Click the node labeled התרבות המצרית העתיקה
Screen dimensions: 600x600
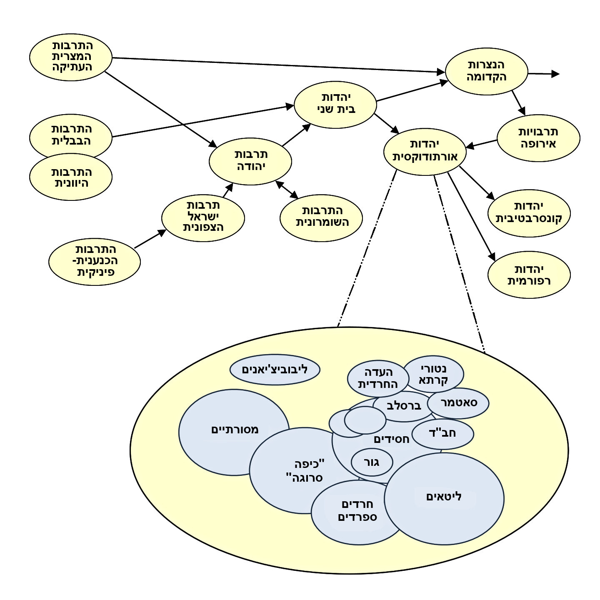(71, 57)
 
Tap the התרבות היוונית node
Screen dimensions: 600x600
(71, 178)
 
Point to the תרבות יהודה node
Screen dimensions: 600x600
(250, 161)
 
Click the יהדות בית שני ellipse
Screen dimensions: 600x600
(335, 104)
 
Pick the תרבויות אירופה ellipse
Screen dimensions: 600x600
(538, 138)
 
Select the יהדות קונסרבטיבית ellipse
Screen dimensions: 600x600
(529, 213)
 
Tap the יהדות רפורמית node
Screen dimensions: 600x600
(529, 275)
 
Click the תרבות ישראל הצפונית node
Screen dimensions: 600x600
(203, 217)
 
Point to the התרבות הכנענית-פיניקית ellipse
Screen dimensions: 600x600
(95, 262)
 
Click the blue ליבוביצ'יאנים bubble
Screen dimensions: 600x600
(275, 370)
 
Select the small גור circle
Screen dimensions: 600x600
(372, 462)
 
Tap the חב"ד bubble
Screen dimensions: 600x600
(442, 434)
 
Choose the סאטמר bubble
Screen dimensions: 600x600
(458, 403)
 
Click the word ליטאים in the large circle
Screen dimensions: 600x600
(444, 497)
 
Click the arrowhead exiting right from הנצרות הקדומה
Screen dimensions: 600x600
(555, 74)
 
